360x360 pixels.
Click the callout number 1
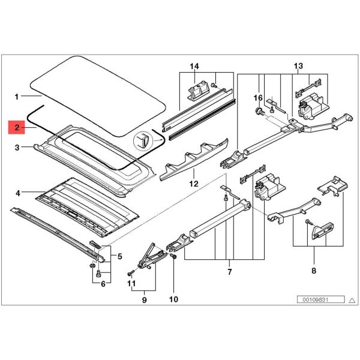pos(17,96)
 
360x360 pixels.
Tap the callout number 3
pos(17,147)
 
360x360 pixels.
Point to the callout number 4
pos(17,193)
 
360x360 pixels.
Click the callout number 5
pos(120,257)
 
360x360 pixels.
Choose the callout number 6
pos(103,284)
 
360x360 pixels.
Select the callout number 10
pos(174,298)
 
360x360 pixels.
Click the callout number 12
pos(193,184)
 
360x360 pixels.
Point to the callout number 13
pos(298,65)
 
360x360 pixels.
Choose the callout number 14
pos(194,65)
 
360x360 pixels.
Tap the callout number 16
pos(259,97)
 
